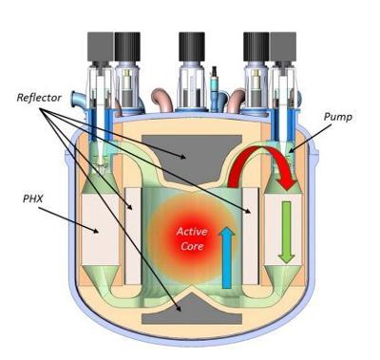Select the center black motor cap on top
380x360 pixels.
tap(192, 43)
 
